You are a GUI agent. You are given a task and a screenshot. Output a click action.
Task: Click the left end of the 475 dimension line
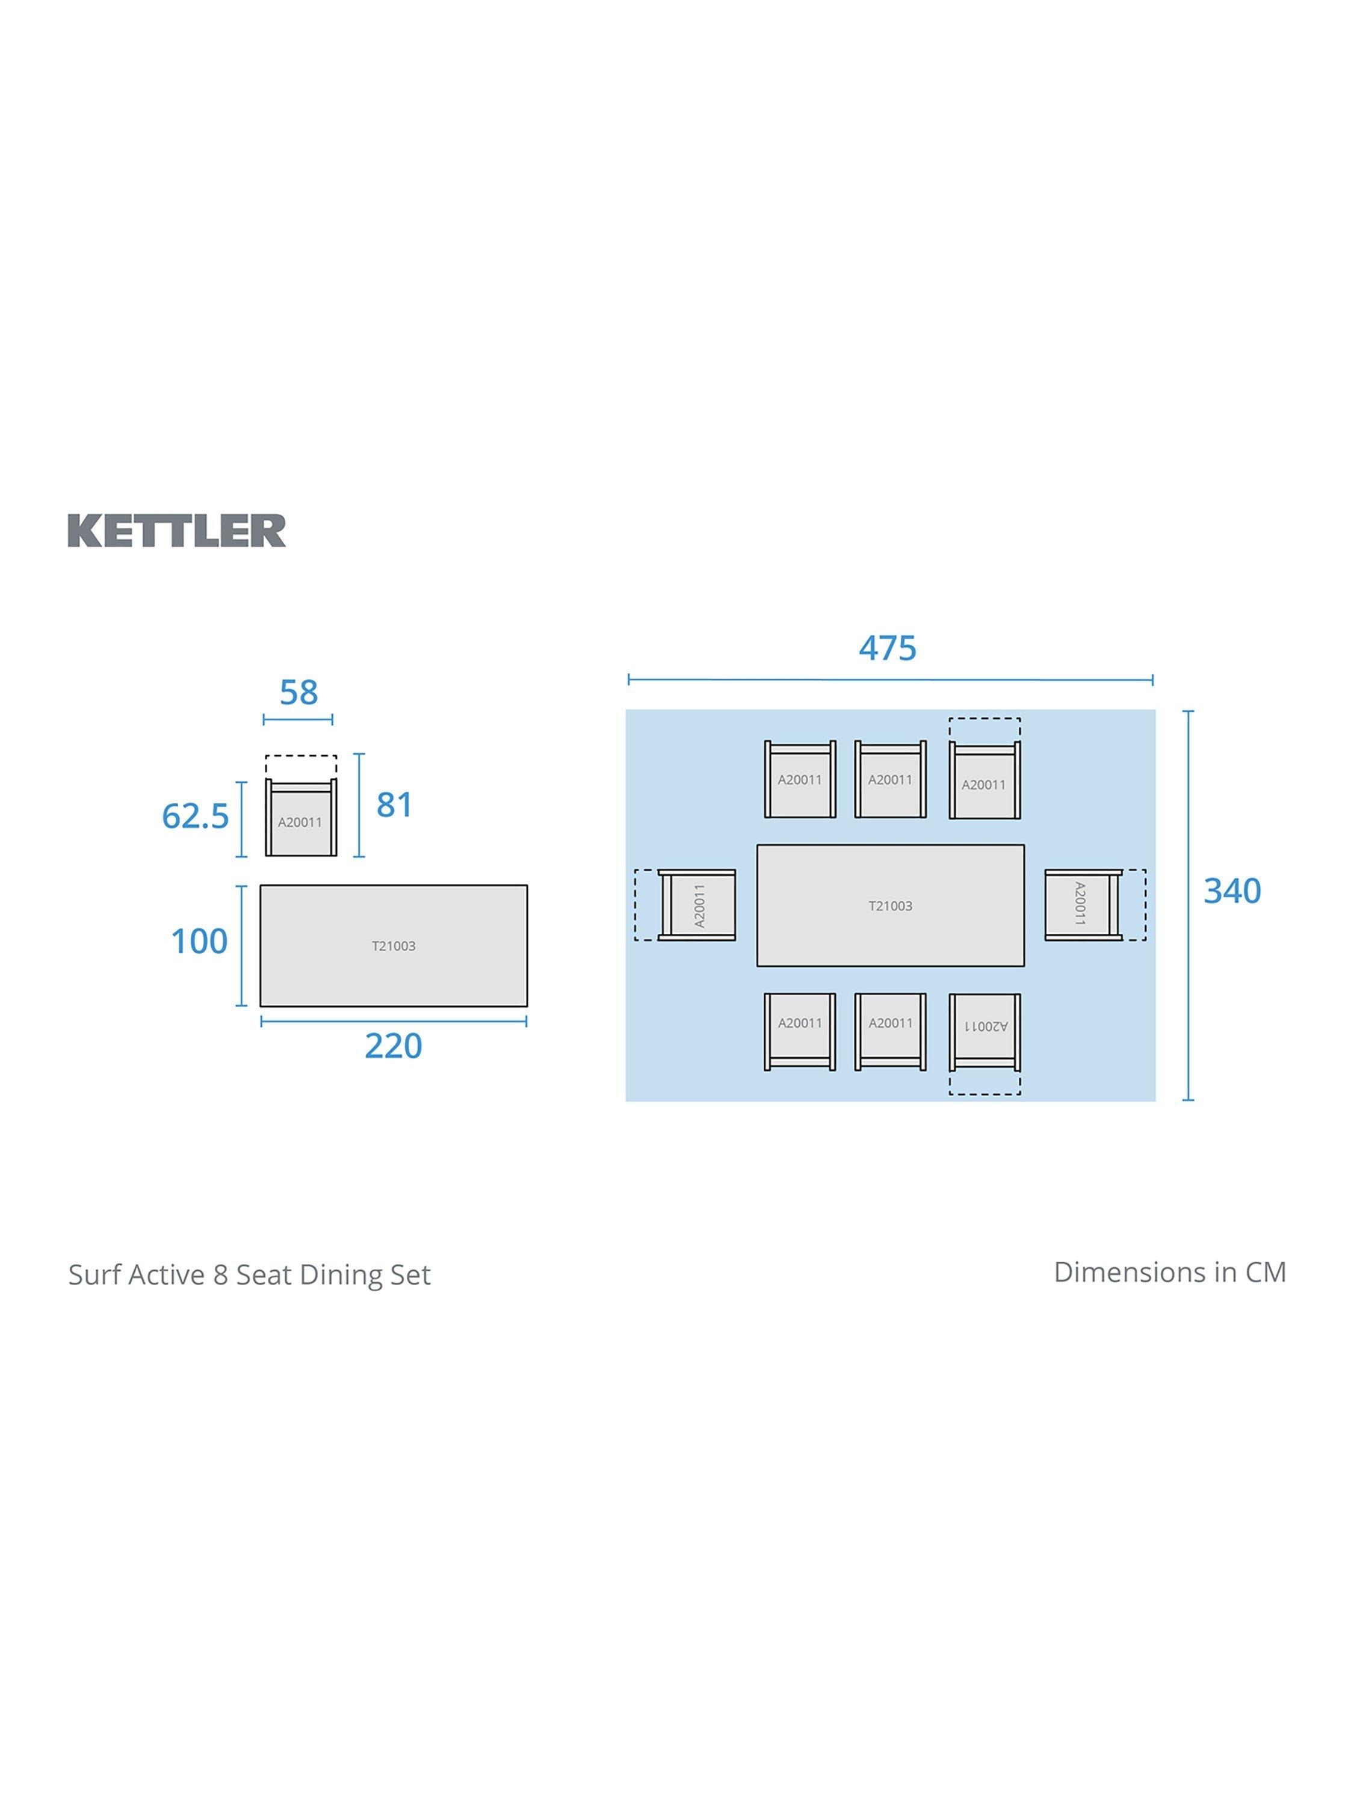point(628,679)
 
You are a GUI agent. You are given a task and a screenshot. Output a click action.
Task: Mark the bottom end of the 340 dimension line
point(1189,1100)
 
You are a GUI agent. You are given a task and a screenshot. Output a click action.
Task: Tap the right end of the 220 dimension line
point(527,1021)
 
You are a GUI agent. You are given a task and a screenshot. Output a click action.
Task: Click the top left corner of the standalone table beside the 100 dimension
point(261,886)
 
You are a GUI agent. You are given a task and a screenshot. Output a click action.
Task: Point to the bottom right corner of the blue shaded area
point(1155,1102)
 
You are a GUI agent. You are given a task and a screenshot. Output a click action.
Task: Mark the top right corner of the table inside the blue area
point(1024,845)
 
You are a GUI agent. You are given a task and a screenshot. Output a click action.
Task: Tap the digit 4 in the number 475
point(868,649)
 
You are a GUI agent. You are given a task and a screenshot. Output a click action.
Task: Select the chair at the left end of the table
point(697,905)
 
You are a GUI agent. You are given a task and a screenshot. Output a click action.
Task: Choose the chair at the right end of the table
point(1083,905)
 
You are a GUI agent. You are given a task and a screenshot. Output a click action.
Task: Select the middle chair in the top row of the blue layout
point(891,779)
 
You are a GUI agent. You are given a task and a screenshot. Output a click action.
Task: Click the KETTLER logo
point(177,531)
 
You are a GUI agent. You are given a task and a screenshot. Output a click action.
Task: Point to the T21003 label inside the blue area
point(891,906)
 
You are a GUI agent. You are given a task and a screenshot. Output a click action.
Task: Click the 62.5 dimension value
point(196,816)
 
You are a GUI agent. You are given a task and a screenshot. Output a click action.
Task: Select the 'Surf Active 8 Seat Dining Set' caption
point(250,1274)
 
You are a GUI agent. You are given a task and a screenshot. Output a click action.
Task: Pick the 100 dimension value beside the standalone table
point(200,942)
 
